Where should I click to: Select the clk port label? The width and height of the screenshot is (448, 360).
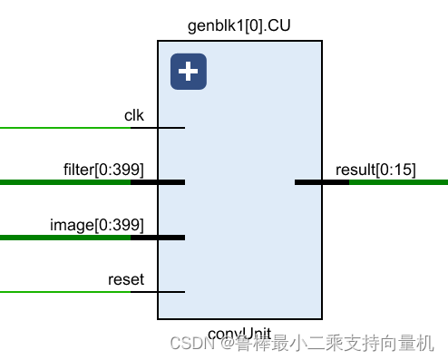tap(134, 115)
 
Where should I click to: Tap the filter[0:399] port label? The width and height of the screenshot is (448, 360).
tap(103, 169)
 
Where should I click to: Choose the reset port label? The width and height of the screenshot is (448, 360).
tap(125, 279)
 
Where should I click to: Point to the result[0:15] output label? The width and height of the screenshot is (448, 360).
tap(375, 170)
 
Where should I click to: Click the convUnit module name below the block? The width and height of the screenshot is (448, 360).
tap(239, 333)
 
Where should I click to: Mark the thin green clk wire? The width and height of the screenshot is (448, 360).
tap(63, 128)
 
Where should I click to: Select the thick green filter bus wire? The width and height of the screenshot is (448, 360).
tap(63, 182)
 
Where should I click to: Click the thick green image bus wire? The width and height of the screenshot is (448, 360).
tap(63, 238)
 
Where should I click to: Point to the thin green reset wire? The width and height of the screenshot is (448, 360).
tap(63, 292)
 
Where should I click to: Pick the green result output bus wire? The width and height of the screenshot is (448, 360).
tap(399, 182)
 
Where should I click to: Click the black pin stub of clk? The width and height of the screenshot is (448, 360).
tap(158, 128)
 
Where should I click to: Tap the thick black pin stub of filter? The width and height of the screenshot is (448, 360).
tap(158, 182)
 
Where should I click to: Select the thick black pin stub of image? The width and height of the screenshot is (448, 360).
tap(158, 238)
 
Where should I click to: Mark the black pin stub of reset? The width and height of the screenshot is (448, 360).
tap(158, 292)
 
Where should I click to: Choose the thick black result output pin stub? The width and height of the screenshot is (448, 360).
tap(322, 182)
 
